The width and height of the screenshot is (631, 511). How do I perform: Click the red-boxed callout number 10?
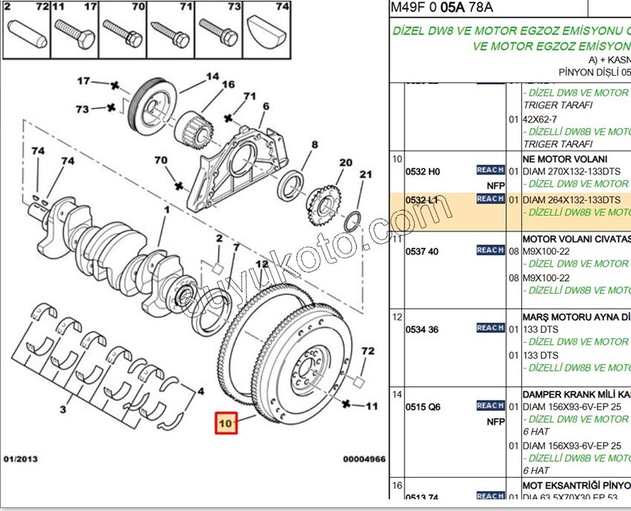[x=226, y=423]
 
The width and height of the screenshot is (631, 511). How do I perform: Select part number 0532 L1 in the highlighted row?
[x=422, y=200]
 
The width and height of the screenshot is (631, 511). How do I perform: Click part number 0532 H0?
[x=422, y=171]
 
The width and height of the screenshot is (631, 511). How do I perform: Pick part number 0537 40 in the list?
[x=422, y=251]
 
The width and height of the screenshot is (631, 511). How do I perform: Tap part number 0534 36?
[x=422, y=329]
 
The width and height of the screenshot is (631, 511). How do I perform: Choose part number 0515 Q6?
[x=422, y=406]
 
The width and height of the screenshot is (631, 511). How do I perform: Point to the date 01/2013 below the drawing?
[x=20, y=459]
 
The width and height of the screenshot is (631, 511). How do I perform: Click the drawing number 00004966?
[x=364, y=459]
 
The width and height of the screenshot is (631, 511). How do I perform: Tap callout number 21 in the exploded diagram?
[x=365, y=174]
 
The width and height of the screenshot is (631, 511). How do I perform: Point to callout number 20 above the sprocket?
[x=345, y=162]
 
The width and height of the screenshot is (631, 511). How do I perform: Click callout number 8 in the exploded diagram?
[x=314, y=145]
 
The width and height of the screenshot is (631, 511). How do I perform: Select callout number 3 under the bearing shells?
[x=63, y=409]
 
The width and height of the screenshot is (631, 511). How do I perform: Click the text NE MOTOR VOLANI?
[x=565, y=159]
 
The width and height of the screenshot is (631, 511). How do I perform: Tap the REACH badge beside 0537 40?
[x=491, y=251]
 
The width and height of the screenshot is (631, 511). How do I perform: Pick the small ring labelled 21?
[x=353, y=220]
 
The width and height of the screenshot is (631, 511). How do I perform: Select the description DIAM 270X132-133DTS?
[x=572, y=171]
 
